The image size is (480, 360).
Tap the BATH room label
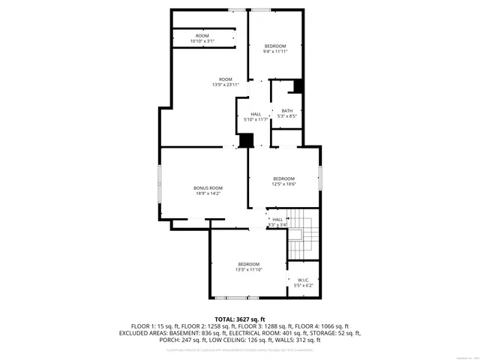point(287,111)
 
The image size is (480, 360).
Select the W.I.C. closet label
point(303,280)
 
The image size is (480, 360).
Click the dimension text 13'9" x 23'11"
point(225,85)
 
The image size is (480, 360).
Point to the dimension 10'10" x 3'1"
point(202,40)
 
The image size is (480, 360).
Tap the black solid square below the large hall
point(245,140)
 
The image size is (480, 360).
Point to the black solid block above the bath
point(298,86)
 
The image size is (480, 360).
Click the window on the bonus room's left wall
point(159,184)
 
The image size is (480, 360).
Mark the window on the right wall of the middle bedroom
point(320,178)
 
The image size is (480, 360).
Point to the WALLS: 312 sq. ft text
point(298,340)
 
